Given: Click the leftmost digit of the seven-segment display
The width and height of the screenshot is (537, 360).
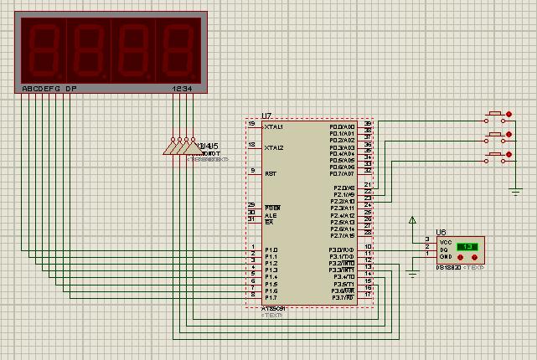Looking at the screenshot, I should pos(44,49).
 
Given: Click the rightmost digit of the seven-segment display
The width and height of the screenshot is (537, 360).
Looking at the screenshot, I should pos(176,49).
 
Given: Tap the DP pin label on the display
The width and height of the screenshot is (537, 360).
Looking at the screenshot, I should pos(71,88).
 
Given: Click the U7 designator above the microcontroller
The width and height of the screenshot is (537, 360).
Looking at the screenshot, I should pos(266,116).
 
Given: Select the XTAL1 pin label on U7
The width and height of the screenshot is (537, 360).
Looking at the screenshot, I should pos(274,127).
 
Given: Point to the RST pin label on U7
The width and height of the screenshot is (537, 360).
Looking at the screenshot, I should pos(271,173).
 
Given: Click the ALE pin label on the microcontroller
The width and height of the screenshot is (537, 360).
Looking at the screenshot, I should pos(270,215).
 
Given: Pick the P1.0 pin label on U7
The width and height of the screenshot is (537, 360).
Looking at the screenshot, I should pos(271,249).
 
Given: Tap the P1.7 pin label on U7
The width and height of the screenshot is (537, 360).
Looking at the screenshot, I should pos(271,297).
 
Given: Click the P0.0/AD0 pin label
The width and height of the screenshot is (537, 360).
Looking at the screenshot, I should pos(342,126).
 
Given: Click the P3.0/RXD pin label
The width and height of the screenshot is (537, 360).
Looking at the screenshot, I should pos(342,249).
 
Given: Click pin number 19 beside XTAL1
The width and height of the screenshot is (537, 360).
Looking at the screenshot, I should pos(251,124).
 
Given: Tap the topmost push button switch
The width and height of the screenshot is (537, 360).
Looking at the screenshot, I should pos(497,114).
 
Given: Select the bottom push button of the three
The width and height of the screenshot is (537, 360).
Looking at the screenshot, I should pos(497,156).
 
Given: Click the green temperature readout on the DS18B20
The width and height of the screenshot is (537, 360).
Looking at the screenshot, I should pos(469,247).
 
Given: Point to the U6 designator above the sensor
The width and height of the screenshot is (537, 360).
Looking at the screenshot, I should pos(441,233).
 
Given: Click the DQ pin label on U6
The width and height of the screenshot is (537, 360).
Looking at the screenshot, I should pos(443,249).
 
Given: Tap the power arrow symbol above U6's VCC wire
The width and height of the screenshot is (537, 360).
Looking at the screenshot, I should pos(412,221).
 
